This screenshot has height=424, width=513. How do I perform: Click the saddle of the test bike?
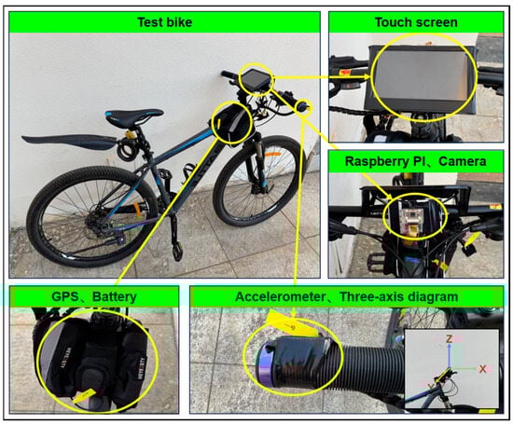134,116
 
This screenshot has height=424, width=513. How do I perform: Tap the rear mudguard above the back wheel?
69,141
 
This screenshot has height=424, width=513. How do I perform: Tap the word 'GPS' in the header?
64,297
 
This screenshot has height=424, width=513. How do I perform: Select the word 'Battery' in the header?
115,297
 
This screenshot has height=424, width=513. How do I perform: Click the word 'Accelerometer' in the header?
280,297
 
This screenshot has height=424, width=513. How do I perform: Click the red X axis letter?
482,369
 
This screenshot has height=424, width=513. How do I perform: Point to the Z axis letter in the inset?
449,339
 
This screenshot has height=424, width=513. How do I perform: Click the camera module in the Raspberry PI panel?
413,215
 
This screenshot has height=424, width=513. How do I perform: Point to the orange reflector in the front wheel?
273,154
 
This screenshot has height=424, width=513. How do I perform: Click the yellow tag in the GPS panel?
84,396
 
